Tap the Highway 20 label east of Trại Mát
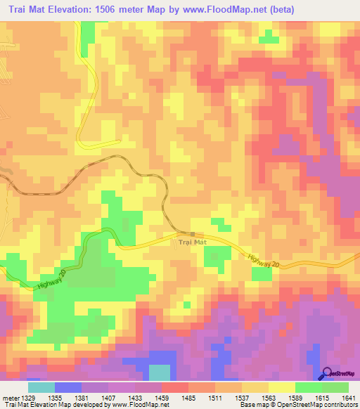tap(264, 259)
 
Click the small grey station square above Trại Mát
tap(192, 234)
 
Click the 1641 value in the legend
tap(348, 398)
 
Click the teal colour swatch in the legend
tap(41, 387)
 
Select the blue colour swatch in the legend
tap(68, 387)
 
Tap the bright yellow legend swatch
tap(282, 387)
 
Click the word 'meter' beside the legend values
tap(9, 398)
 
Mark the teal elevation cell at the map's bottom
tap(160, 372)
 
